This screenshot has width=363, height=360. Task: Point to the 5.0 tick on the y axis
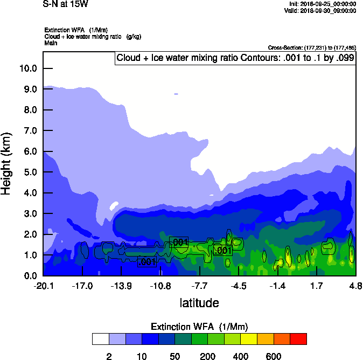[x=30, y=172]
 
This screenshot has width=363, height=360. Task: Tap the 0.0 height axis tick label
[x=30, y=276]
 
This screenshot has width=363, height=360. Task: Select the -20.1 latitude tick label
[x=44, y=286]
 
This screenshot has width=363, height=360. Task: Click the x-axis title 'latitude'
[x=199, y=303]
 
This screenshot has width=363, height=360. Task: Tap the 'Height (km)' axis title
[x=7, y=163]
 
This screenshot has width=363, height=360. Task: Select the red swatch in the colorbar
[x=298, y=339]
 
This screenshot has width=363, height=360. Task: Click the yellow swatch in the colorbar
[x=249, y=339]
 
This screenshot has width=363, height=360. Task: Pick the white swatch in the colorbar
[x=100, y=339]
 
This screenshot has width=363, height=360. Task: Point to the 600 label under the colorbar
[x=274, y=357]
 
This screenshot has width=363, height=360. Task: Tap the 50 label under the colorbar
[x=174, y=357]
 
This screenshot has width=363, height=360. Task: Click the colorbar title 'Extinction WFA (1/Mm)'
[x=199, y=327]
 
